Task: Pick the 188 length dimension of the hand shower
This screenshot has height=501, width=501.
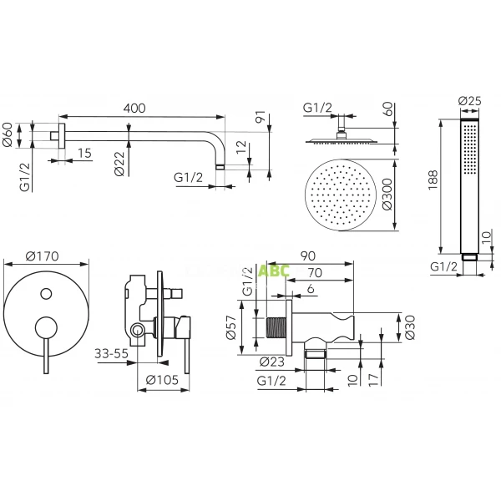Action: tap(430, 182)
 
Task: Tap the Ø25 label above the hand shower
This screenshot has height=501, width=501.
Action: tap(468, 102)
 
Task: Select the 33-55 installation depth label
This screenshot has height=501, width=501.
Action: tap(111, 353)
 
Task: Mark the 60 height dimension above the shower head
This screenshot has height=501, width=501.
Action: tap(387, 109)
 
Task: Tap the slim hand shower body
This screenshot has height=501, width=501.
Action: tap(469, 188)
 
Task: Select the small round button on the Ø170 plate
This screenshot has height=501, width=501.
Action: tap(47, 293)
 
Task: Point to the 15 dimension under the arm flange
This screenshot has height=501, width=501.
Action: tap(85, 152)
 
